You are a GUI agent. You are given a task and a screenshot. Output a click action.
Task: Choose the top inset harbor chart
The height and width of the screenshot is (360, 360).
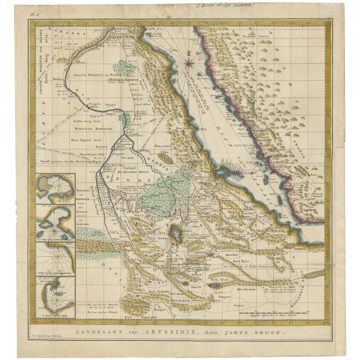pyautogui.click(x=55, y=188)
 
